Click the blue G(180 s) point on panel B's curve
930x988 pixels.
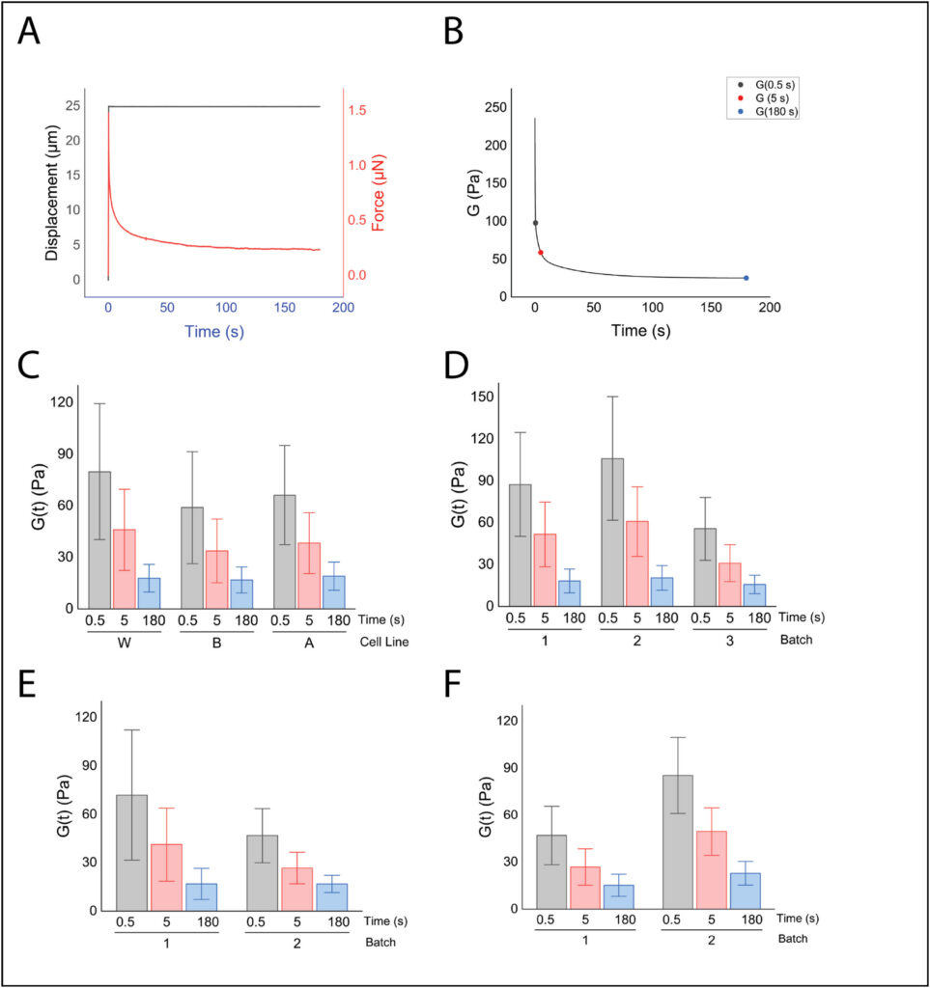(x=746, y=278)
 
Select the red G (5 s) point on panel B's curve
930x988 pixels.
(x=541, y=253)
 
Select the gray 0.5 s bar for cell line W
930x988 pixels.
(x=99, y=540)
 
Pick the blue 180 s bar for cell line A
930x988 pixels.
(x=333, y=591)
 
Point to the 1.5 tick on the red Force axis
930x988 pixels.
(x=357, y=111)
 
